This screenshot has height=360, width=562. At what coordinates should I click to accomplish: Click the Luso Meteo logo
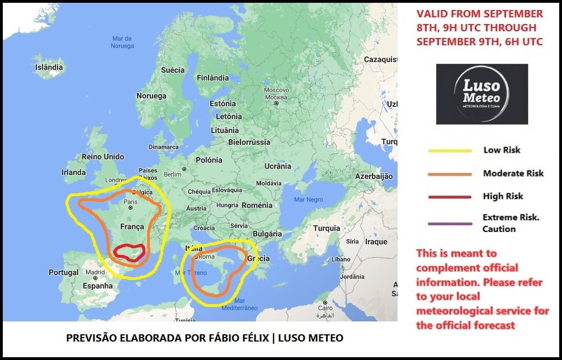pos(481,94)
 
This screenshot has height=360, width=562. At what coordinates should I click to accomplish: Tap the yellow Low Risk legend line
pos(450,150)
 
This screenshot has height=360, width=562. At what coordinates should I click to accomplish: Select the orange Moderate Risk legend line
pos(450,174)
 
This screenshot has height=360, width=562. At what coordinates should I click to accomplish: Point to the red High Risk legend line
pos(450,197)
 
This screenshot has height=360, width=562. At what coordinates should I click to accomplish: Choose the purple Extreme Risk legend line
pos(450,224)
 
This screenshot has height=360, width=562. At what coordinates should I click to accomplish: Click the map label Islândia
pos(49,67)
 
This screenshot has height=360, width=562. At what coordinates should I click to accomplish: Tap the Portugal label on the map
pos(63,272)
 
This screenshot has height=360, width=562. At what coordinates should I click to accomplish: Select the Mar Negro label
pos(308,200)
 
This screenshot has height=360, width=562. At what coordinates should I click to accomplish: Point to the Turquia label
pos(327,228)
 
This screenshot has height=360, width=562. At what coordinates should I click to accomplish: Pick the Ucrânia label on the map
pos(278,166)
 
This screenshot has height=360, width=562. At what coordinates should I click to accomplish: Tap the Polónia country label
pos(209,160)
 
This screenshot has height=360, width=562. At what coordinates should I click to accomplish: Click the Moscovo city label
pos(276,90)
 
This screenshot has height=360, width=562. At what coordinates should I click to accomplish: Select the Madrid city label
pos(96,272)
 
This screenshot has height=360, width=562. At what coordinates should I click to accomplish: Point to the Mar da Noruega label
pos(122,42)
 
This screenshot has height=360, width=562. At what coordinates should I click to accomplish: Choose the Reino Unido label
pos(103,157)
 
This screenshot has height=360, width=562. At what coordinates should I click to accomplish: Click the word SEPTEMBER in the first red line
pos(508,13)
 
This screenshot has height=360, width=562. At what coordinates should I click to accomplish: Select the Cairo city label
pos(325,308)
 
